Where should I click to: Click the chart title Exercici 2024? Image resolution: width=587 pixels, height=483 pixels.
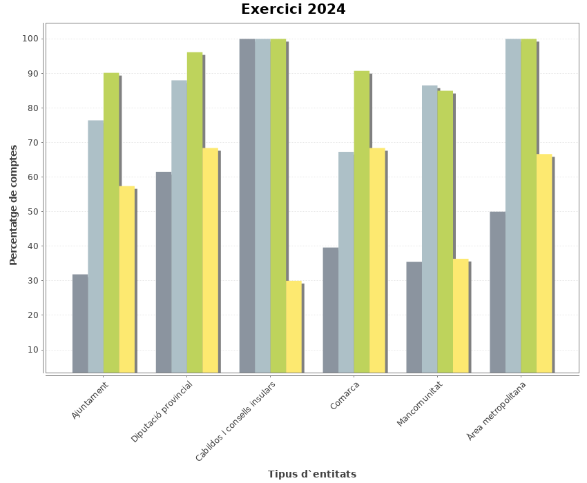(293, 10)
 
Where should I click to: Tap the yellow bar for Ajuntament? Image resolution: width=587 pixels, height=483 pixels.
(126, 279)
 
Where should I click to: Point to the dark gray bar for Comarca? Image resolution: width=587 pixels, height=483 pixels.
(330, 310)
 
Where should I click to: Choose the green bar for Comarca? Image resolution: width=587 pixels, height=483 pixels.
(361, 221)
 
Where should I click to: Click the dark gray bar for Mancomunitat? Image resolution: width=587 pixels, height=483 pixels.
(414, 317)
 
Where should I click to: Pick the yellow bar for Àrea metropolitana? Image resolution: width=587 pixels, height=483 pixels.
(544, 263)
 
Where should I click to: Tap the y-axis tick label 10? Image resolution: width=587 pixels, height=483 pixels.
(34, 350)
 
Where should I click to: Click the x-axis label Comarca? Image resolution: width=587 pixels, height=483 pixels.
(345, 395)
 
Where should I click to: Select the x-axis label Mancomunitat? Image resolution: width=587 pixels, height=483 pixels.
(419, 404)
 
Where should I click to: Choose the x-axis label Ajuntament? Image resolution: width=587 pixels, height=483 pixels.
(90, 400)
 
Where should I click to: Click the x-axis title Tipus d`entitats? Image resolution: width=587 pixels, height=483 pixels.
(312, 474)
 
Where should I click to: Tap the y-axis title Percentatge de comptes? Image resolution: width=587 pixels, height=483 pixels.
(14, 204)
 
